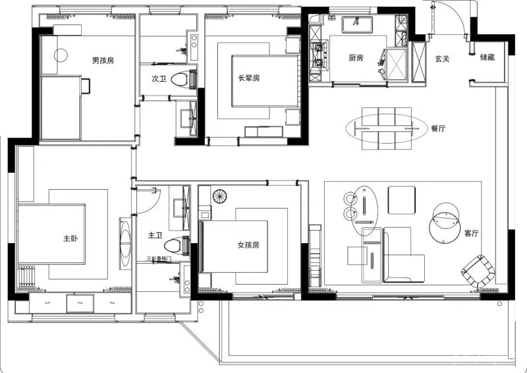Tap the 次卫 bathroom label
tap(159, 78)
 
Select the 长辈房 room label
tap(249, 78)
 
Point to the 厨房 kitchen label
tap(356, 58)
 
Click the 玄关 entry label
tap(442, 59)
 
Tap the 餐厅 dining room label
tap(438, 129)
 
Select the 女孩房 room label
tap(248, 245)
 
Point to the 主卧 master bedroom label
tap(70, 239)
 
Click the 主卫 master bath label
tap(155, 235)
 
